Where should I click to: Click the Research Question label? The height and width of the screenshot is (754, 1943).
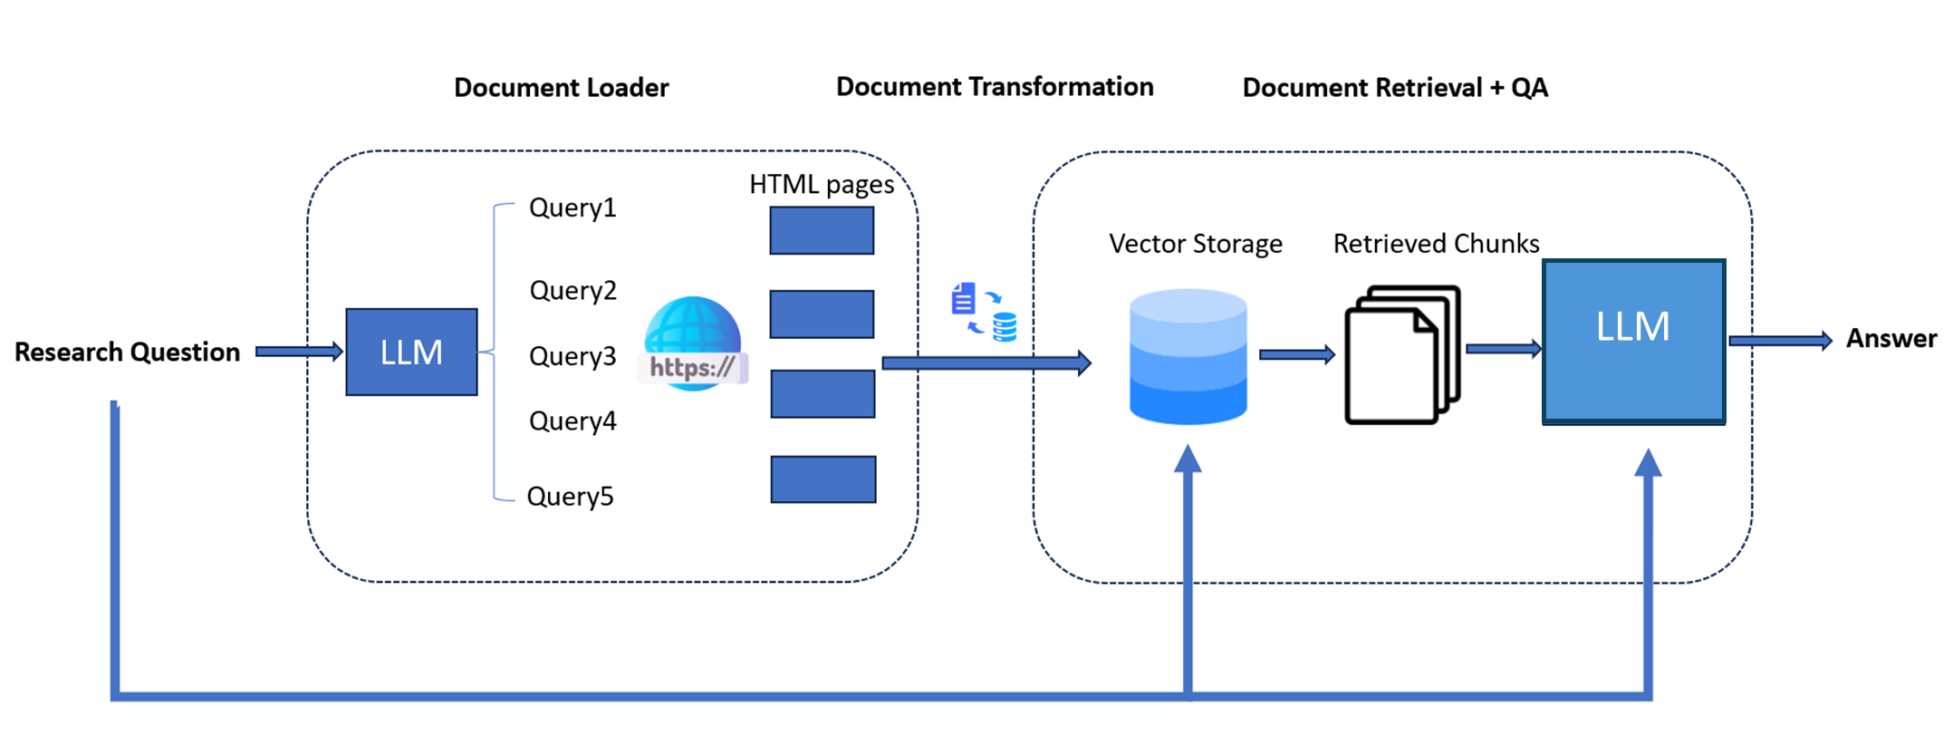127,352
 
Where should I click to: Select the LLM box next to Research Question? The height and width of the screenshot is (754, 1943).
411,352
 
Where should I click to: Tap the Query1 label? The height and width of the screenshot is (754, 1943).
572,208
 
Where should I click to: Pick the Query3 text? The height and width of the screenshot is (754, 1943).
572,356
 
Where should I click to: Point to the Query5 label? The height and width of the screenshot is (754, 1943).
570,496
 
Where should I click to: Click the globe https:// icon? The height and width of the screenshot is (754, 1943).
693,344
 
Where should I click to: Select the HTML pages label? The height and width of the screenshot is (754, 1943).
821,184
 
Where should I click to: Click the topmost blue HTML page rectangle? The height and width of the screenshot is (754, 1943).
822,230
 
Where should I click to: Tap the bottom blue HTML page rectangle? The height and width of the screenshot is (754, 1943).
822,478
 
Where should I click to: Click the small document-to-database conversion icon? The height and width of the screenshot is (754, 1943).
984,311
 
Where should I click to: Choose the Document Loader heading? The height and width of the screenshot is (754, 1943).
561,87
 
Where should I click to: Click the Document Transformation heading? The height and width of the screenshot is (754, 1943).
994,86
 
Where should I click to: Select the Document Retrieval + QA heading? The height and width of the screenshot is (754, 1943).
1395,87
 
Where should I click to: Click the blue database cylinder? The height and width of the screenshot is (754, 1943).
1188,355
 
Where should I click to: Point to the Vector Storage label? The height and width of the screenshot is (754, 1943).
1195,243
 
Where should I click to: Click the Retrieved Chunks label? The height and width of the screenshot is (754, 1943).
1436,243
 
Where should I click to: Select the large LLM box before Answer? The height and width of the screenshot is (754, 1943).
1633,341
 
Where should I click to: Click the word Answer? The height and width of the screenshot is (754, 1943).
1890,338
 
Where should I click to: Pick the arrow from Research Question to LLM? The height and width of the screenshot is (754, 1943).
298,351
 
